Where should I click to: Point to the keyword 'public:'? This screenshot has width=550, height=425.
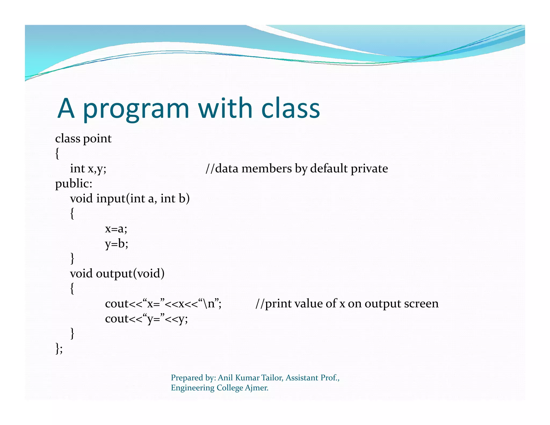click(74, 184)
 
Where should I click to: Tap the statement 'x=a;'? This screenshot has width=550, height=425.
click(116, 229)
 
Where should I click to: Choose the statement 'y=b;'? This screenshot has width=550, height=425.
click(117, 244)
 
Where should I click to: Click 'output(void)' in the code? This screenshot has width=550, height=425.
click(130, 274)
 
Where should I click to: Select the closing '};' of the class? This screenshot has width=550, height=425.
click(59, 348)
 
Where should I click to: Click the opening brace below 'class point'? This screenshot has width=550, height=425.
click(57, 154)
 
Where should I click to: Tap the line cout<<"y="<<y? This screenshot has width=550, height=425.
click(146, 319)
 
